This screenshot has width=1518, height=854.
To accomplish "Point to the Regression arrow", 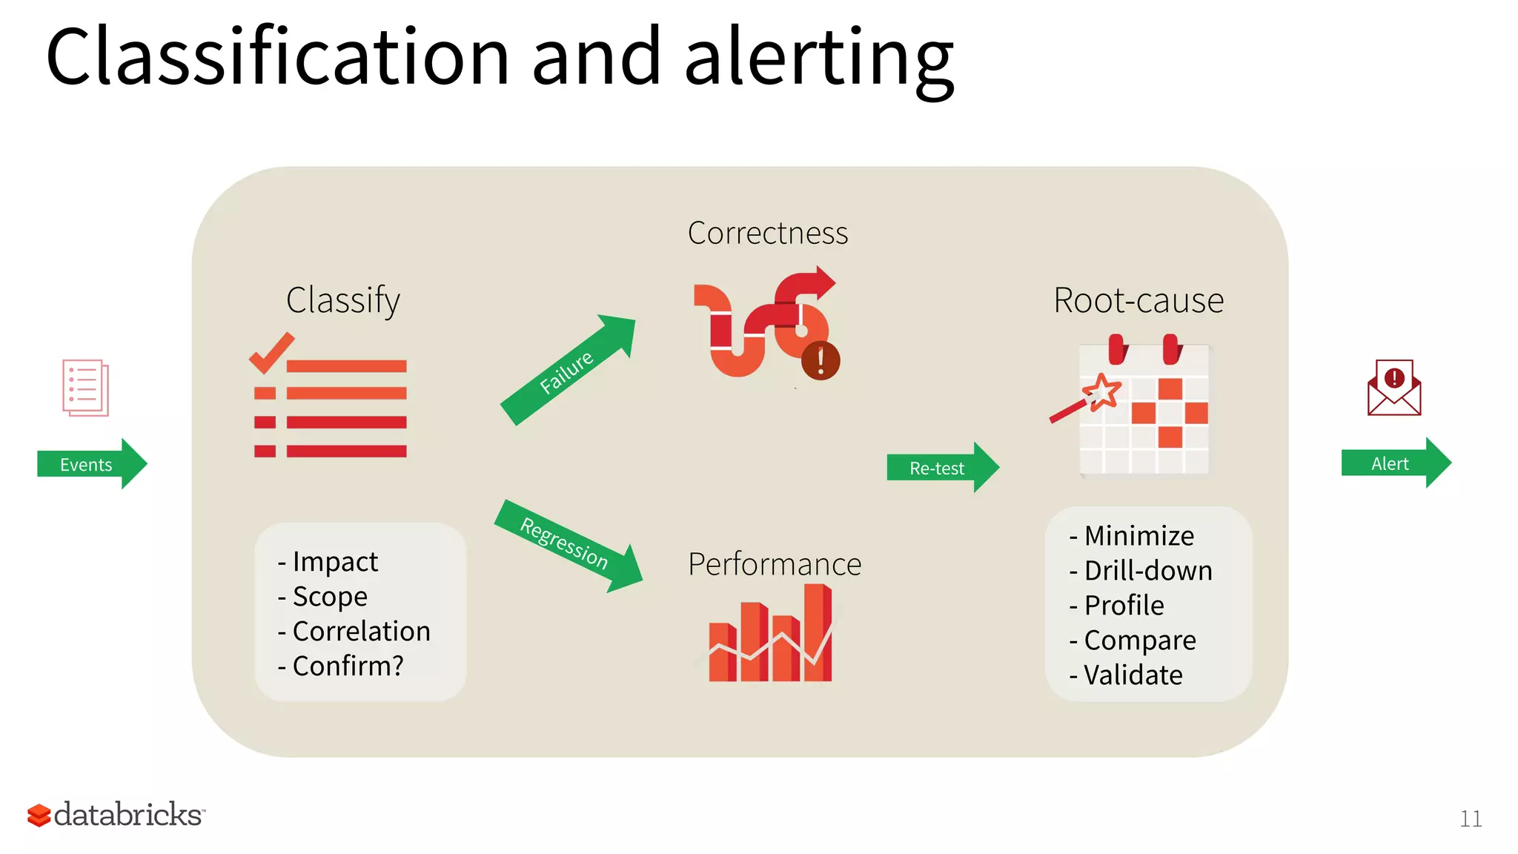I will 566,546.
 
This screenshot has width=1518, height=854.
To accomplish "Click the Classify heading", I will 342,300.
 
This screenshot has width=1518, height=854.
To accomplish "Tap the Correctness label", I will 767,233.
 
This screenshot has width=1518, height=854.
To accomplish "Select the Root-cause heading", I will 1138,300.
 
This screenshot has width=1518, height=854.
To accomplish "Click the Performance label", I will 775,564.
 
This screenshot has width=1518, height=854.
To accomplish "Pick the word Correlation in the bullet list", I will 361,631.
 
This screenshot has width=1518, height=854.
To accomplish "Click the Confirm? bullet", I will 348,666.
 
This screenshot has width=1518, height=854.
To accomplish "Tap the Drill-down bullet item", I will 1147,570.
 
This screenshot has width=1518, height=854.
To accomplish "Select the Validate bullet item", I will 1133,675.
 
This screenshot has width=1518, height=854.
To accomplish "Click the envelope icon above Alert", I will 1393,388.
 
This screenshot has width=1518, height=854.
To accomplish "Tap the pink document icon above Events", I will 85,388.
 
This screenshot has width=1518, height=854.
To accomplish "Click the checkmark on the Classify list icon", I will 271,353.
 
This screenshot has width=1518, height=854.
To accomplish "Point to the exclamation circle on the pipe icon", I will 821,361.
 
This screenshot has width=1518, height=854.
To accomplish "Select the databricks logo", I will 116,814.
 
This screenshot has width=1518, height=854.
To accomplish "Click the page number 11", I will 1471,818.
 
